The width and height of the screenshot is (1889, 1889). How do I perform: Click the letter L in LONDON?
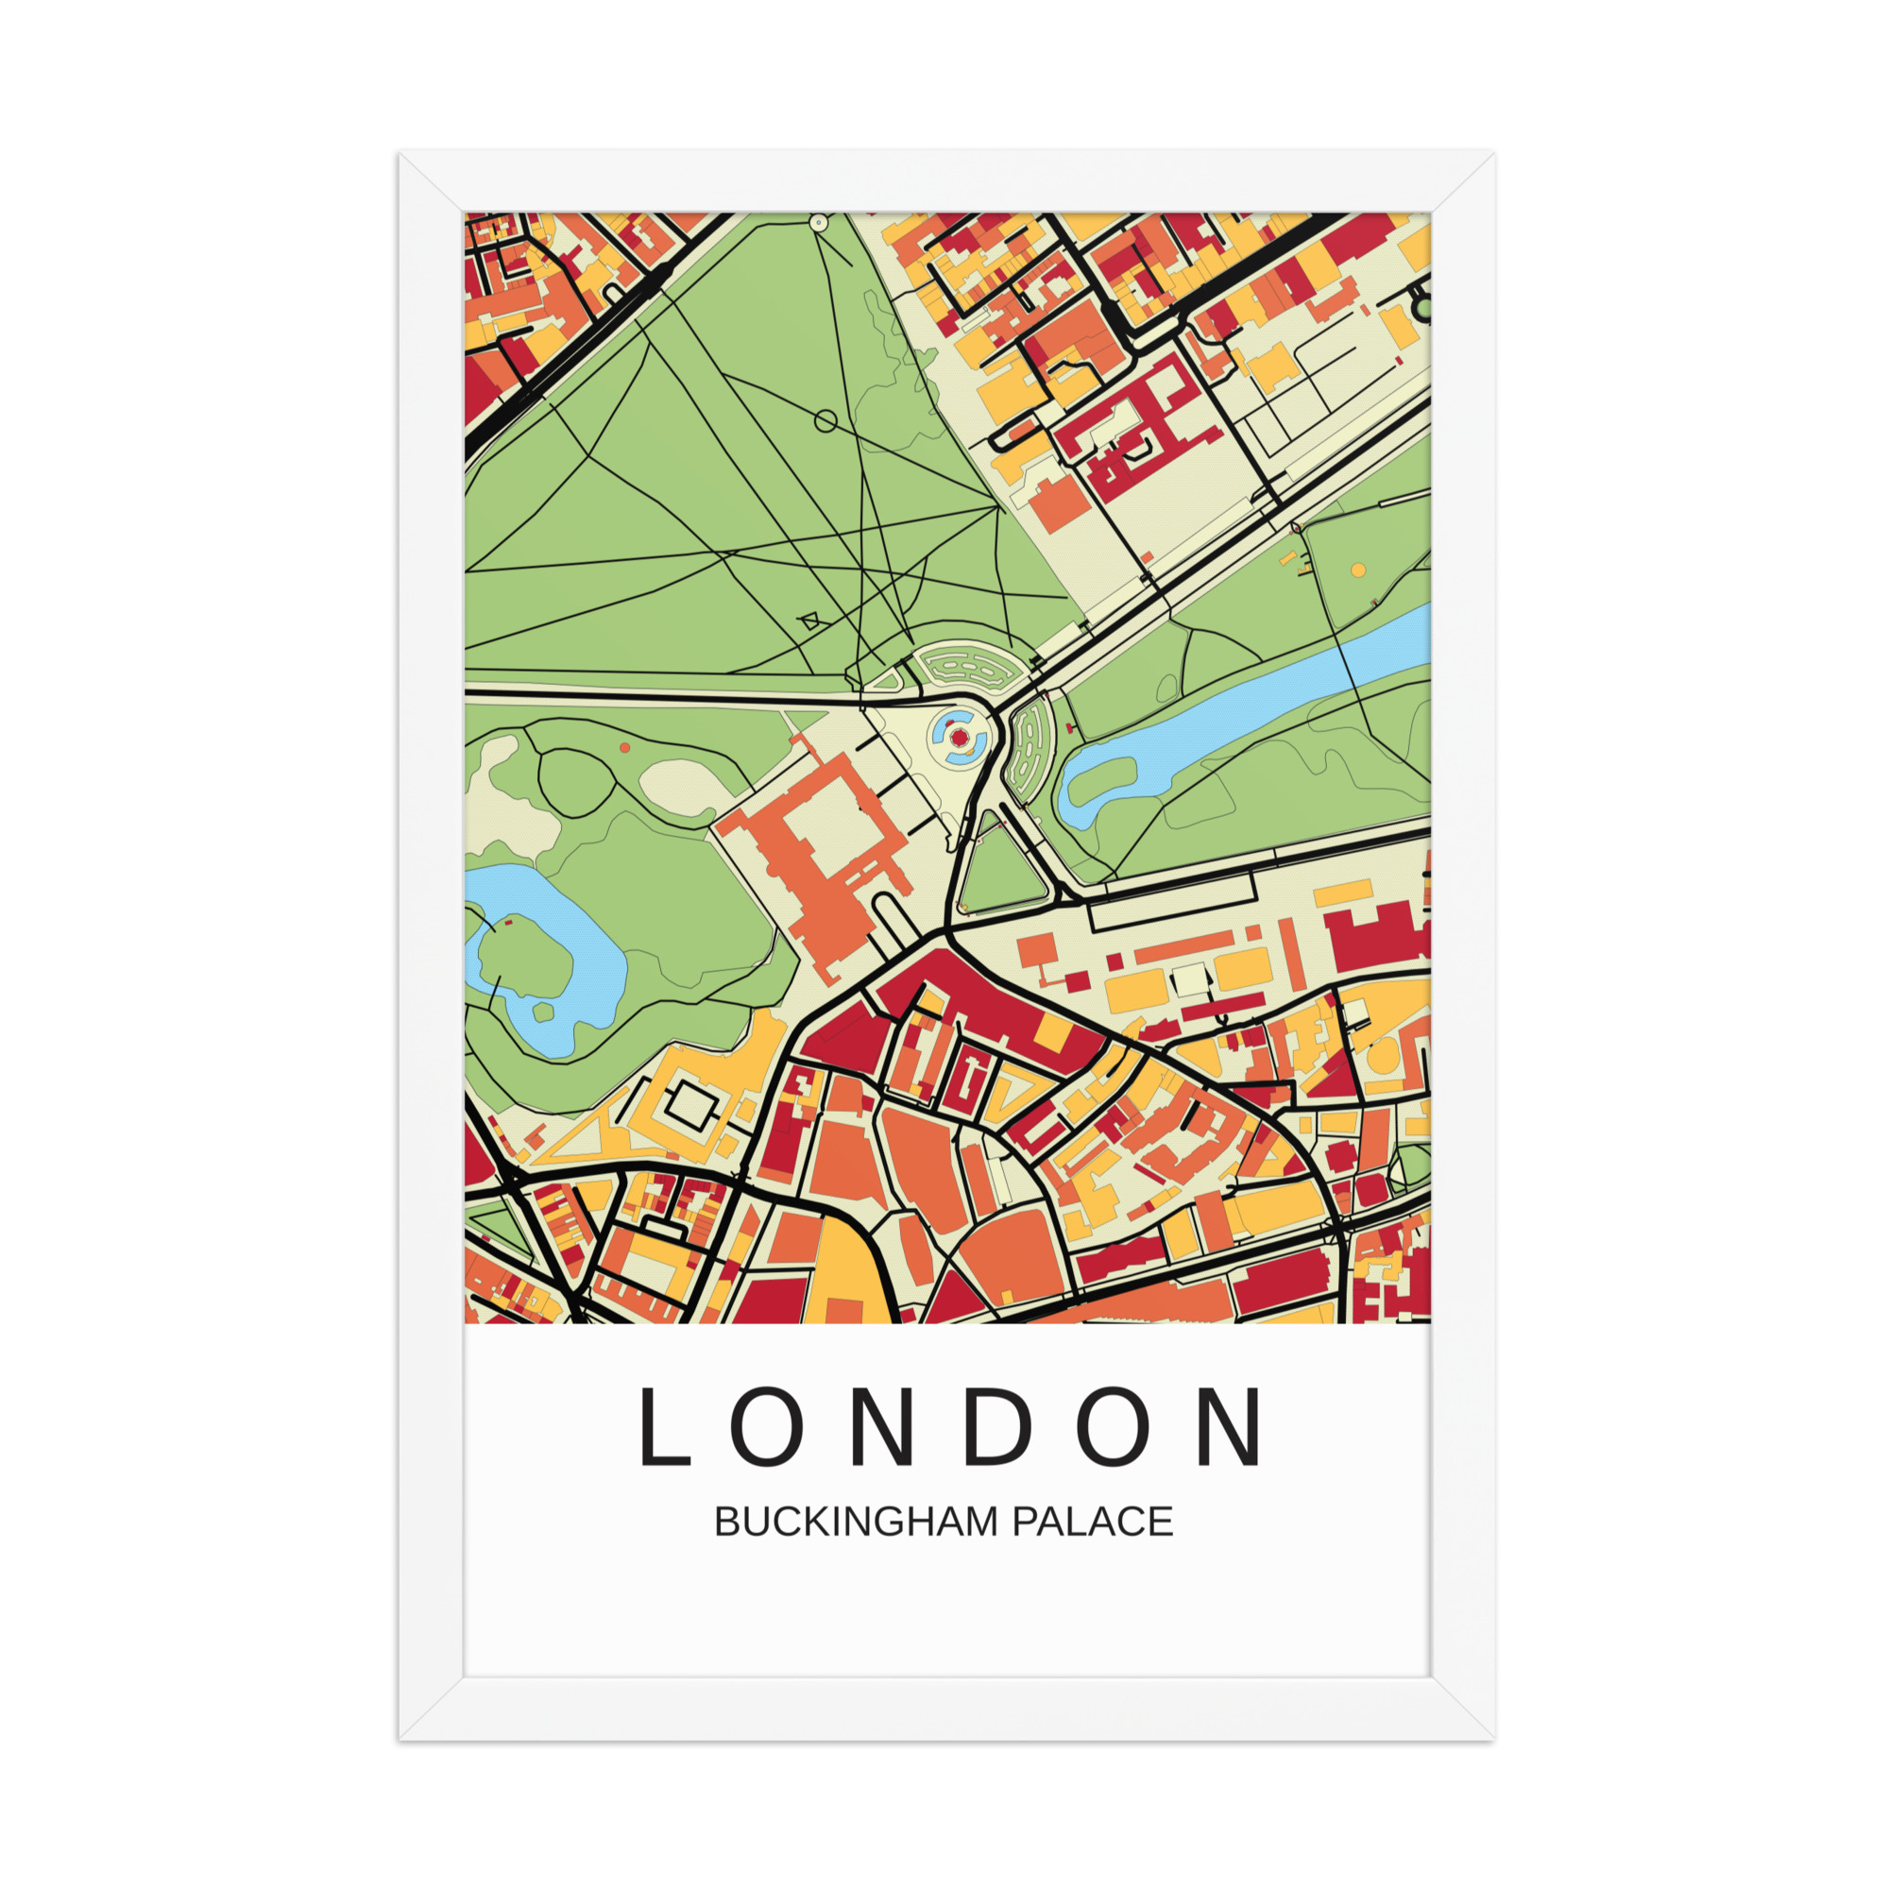tap(664, 1428)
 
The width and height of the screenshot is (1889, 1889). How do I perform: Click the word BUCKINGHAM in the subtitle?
tap(859, 1523)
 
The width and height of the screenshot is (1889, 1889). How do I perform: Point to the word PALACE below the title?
tap(1091, 1523)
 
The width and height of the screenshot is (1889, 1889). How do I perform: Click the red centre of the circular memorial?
tap(960, 739)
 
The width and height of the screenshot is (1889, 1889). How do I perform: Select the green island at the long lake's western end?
tap(1100, 777)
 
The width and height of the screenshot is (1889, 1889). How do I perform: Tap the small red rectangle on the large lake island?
tap(507, 922)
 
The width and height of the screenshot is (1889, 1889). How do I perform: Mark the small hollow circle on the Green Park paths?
tap(825, 421)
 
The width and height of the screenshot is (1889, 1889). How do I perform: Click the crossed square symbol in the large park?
tap(809, 620)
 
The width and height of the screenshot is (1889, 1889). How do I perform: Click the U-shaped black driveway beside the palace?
tap(891, 919)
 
